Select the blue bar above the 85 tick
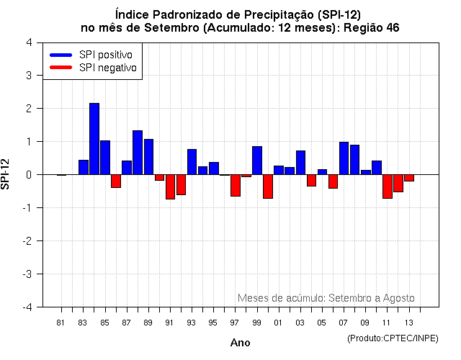(105, 158)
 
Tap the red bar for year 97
(236, 185)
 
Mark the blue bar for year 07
(344, 158)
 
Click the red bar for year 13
(409, 178)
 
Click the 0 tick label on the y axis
(28, 175)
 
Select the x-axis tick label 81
(61, 323)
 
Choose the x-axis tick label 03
(300, 323)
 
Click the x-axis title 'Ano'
(240, 343)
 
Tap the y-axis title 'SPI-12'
(6, 174)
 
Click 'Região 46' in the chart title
(369, 27)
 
